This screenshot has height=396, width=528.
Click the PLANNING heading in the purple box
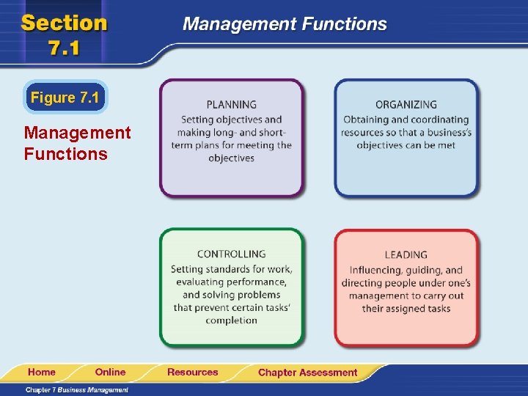tap(231, 105)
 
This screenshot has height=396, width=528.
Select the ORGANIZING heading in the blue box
tap(406, 105)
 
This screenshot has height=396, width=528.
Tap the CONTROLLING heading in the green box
tap(231, 254)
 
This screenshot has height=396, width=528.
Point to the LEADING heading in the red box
tap(406, 254)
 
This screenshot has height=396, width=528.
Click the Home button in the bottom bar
tap(42, 372)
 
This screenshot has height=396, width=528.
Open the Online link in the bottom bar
tap(110, 372)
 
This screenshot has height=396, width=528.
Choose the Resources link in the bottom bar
tap(192, 372)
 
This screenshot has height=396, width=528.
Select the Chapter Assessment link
tap(307, 373)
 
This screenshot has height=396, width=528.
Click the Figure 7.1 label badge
tap(65, 98)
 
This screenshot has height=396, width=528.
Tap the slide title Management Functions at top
tap(285, 23)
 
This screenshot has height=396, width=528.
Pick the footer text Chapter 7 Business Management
tap(76, 389)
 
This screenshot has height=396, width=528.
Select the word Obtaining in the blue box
tap(365, 120)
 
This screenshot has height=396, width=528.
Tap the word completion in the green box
tap(231, 320)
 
